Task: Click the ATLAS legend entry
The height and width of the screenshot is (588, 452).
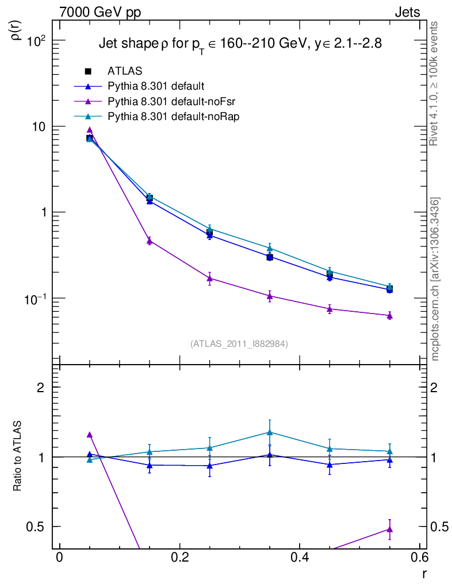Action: [124, 71]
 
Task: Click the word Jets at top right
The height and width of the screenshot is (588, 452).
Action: [407, 12]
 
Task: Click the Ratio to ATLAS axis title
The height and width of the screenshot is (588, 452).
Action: [18, 456]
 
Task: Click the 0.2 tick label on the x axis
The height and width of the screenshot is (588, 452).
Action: [179, 558]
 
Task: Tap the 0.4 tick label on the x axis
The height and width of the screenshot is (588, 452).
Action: [300, 558]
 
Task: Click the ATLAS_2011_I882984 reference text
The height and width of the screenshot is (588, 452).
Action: [239, 343]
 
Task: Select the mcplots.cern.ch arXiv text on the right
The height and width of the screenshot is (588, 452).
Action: [435, 279]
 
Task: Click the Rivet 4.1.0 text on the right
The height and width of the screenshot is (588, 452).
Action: [435, 83]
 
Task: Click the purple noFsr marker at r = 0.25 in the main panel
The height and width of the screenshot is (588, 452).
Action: [209, 278]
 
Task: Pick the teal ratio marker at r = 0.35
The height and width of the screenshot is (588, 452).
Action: [270, 432]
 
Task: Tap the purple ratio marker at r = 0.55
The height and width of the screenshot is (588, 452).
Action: [390, 529]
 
